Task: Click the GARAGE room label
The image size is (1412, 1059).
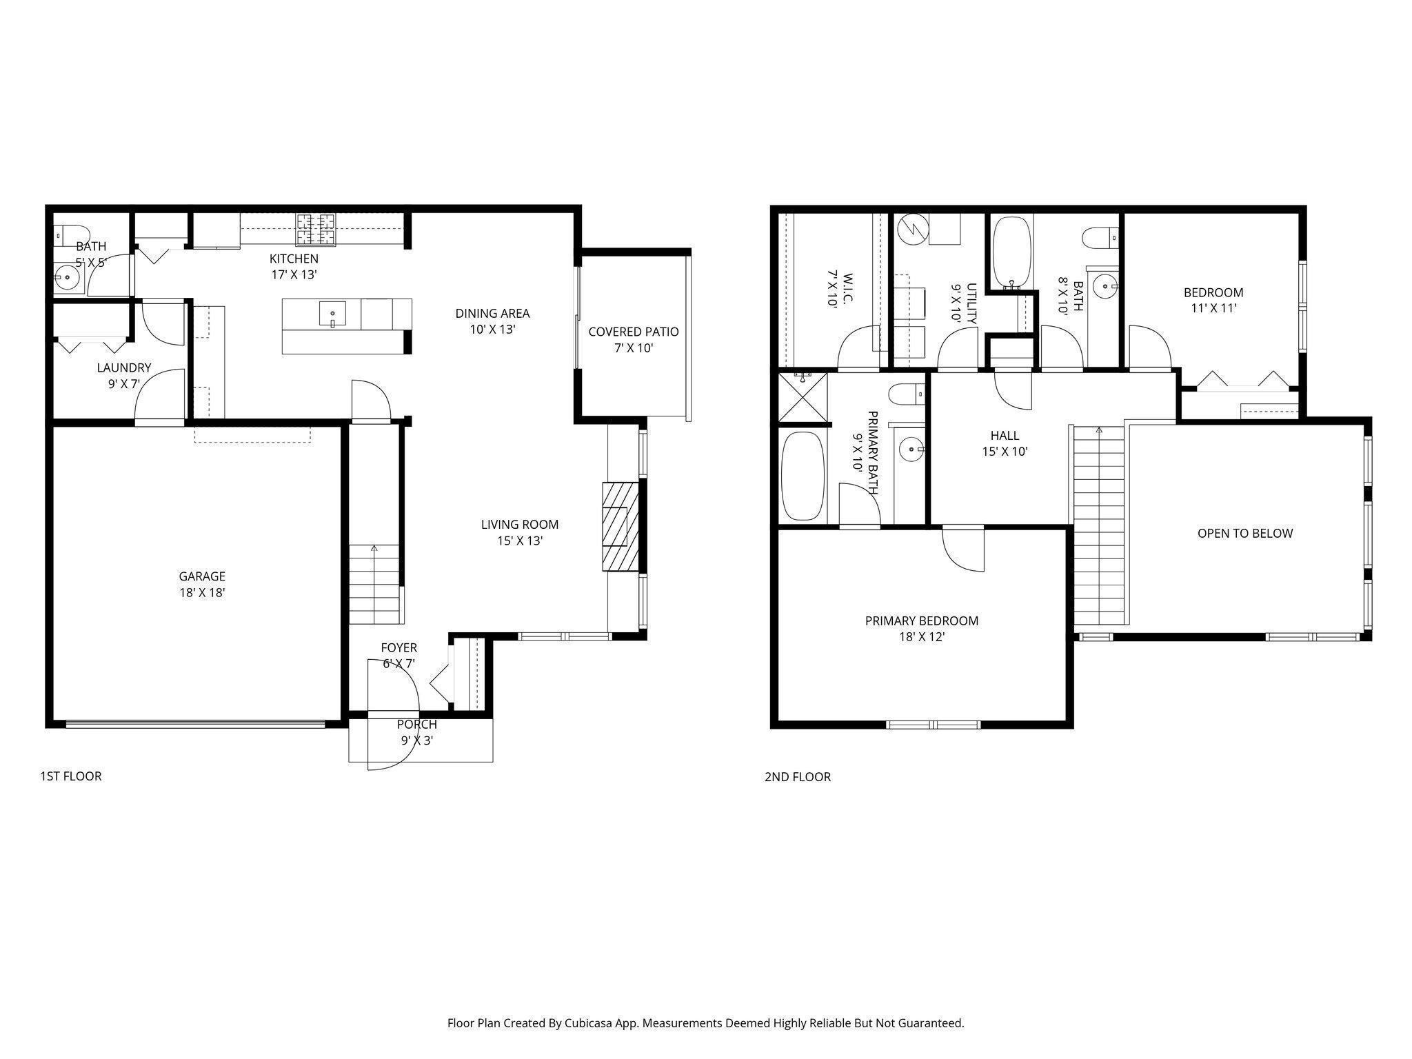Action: tap(202, 576)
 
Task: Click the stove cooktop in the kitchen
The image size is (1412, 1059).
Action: tap(316, 230)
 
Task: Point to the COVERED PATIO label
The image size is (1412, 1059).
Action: tap(634, 332)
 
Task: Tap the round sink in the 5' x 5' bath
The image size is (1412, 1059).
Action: tap(68, 279)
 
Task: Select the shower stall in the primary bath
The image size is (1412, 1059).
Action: tap(803, 397)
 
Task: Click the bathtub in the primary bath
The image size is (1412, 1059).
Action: tap(803, 476)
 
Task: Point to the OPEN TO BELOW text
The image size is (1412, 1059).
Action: tap(1245, 533)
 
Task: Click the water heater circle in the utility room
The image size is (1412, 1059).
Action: tap(913, 229)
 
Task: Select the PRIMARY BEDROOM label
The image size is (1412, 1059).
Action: tap(922, 621)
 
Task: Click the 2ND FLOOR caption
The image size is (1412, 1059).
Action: tap(798, 777)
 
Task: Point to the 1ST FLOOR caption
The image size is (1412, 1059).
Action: tap(70, 776)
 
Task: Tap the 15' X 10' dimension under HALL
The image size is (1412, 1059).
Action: tap(1005, 452)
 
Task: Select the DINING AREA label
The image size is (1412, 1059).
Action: tap(492, 314)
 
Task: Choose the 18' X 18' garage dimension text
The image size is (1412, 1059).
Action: tap(202, 593)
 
